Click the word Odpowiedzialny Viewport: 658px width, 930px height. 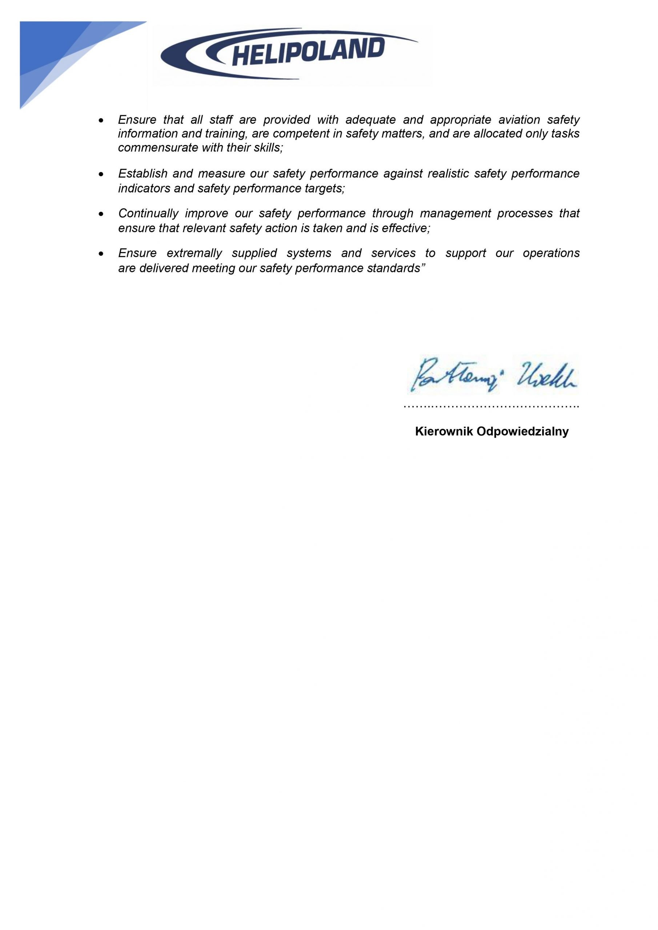point(523,431)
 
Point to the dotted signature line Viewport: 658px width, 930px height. point(492,406)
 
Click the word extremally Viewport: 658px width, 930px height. point(194,254)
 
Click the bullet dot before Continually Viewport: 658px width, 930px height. point(101,214)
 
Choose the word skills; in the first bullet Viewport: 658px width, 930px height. point(268,147)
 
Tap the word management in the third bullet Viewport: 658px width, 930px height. point(455,214)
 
